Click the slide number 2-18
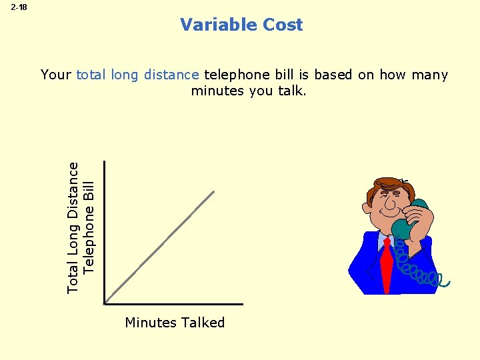(19, 7)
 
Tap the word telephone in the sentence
(233, 75)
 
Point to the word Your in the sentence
(56, 75)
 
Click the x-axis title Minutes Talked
(175, 323)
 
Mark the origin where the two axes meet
(105, 304)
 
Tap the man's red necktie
(385, 263)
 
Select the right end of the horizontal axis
(242, 304)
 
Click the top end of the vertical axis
(105, 162)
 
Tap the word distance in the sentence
(176, 75)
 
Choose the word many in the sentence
(430, 75)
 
